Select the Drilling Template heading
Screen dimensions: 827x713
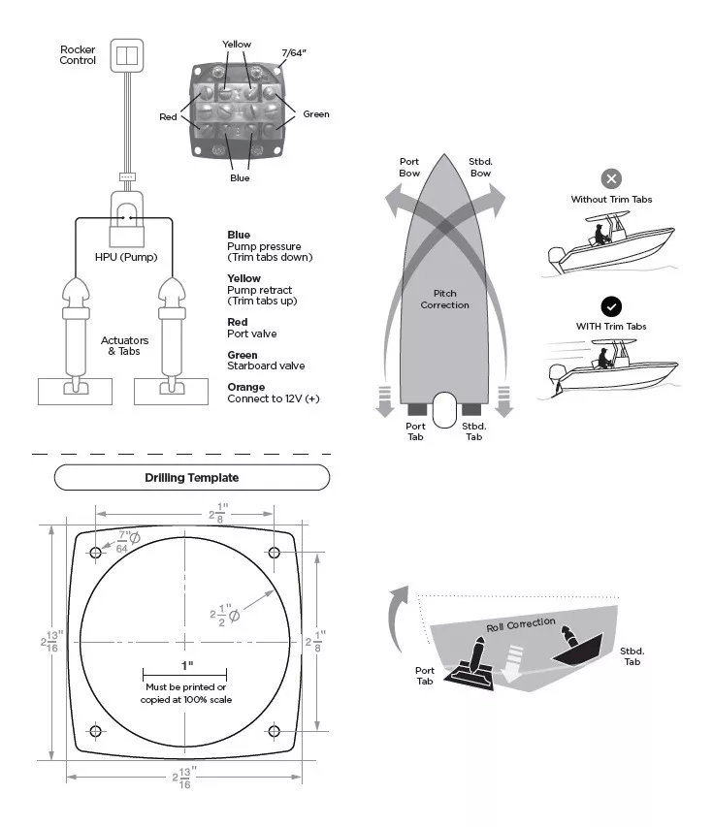tap(191, 478)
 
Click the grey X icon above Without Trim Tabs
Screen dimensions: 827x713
tap(611, 178)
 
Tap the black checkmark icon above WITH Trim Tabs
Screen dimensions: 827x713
tap(611, 306)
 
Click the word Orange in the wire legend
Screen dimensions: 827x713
tap(246, 388)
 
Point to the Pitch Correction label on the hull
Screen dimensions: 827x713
tap(444, 300)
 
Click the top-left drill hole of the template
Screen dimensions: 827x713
tap(96, 553)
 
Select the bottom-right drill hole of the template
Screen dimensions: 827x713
tap(274, 730)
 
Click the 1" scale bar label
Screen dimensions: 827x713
tap(185, 665)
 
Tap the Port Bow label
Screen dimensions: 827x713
tap(409, 167)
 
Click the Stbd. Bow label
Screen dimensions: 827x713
tap(479, 167)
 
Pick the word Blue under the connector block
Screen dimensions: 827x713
tap(240, 178)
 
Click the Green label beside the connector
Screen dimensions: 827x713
tap(316, 114)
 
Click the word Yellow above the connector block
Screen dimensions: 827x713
tap(236, 45)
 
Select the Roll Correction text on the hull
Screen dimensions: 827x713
tap(521, 624)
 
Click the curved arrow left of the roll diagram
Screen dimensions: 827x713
tap(395, 620)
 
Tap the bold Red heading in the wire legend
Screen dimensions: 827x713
tap(237, 322)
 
